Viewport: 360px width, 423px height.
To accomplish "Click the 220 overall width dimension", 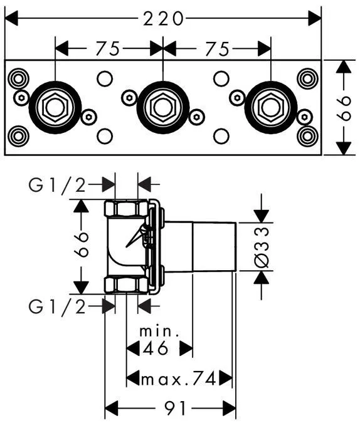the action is point(163,19).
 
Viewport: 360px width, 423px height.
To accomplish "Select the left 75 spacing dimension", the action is point(108,49).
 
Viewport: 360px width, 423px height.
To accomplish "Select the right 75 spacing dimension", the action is point(218,49).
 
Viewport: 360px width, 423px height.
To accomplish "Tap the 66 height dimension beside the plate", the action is point(344,108).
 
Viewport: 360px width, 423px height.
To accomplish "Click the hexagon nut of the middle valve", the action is point(163,107).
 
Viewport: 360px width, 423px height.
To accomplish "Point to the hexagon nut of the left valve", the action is point(55,107).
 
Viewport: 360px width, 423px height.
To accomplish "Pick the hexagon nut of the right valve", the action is point(270,107).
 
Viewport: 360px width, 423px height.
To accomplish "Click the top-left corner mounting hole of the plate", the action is point(18,79).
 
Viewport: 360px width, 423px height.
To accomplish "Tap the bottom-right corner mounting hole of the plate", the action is point(307,136).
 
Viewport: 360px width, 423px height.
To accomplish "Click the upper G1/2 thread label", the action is point(57,185).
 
